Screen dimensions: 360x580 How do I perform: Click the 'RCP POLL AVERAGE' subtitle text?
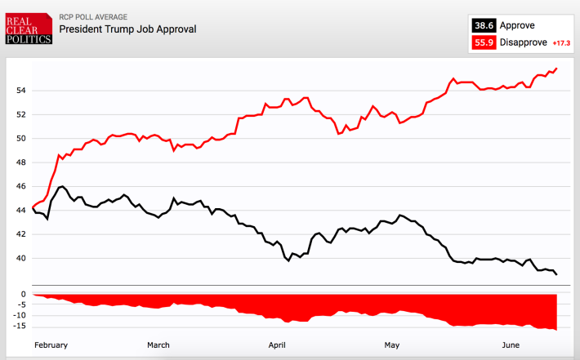pos(93,16)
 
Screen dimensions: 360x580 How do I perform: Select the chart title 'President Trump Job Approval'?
pos(127,29)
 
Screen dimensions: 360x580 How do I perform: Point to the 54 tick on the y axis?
pos(22,91)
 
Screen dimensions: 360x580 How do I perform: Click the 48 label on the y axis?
pos(22,162)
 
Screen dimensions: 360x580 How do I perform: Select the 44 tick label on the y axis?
pos(22,211)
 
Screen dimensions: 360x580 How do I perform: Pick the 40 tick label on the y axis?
pos(22,258)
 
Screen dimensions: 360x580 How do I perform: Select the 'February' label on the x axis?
pos(51,345)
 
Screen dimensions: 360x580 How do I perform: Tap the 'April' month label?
pos(279,345)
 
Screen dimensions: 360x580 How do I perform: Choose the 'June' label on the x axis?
pos(511,345)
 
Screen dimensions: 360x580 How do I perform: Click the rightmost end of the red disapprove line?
pos(557,68)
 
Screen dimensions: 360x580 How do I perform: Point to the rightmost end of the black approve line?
pos(557,274)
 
